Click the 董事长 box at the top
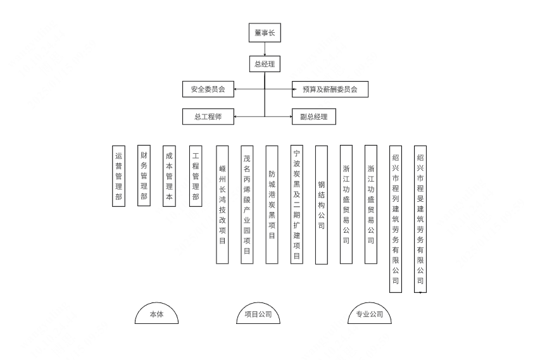coord(265,33)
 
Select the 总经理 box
coord(265,64)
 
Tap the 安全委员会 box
coord(208,89)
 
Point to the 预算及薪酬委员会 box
coord(330,89)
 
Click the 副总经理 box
coord(313,116)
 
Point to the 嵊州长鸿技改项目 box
coord(222,204)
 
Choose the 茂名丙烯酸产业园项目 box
coord(247,204)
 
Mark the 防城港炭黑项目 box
coord(272,204)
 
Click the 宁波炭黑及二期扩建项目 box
coord(296,204)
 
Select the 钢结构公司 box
coord(321,204)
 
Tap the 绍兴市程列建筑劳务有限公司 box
coord(396,219)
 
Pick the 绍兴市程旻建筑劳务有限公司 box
coord(420,219)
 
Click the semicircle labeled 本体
coord(156,314)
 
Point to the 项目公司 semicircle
coord(258,314)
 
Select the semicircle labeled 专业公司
coord(370,314)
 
